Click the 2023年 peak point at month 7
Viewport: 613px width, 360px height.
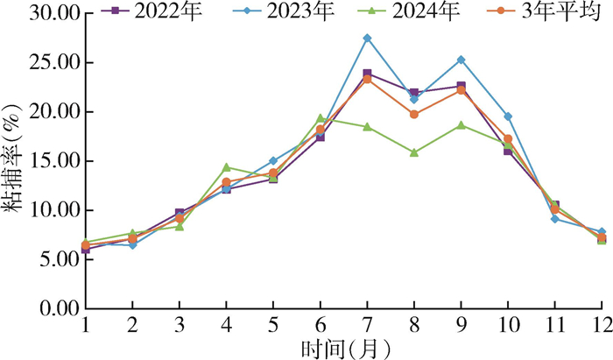point(367,38)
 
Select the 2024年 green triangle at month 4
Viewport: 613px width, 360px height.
point(226,167)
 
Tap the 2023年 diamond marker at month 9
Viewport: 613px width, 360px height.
point(461,60)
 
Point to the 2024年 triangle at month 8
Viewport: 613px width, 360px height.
point(414,152)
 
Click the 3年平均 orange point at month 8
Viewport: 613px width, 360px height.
point(414,114)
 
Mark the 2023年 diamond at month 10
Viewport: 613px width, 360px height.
point(508,116)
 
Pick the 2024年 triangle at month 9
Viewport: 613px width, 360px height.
point(461,125)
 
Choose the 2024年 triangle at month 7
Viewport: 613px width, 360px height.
point(367,127)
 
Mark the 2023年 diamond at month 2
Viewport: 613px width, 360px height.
point(132,245)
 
